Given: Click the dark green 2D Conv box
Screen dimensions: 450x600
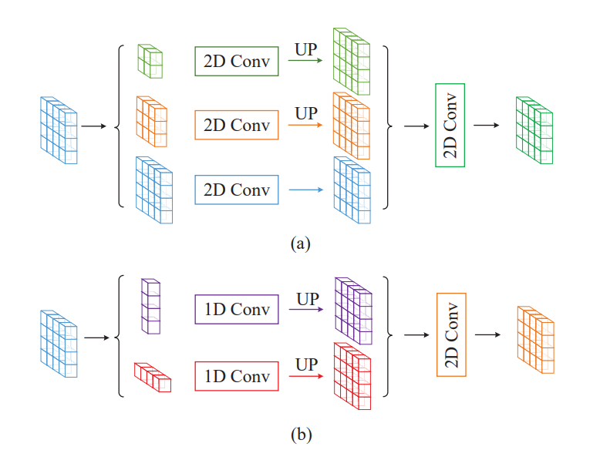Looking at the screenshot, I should click(x=236, y=62).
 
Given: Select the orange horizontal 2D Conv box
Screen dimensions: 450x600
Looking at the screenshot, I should click(x=236, y=124).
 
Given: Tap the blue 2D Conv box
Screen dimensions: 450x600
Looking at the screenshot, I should click(x=236, y=189).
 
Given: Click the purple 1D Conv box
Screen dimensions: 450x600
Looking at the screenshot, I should click(x=236, y=310).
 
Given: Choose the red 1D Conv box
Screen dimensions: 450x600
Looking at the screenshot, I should click(x=236, y=376).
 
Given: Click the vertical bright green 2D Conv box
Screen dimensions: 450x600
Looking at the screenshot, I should click(x=450, y=125).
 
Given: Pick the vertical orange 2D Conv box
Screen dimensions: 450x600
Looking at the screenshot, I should click(x=451, y=334).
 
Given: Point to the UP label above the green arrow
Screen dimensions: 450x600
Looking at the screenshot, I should click(x=306, y=49).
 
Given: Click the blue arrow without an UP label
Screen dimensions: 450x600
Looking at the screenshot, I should click(x=306, y=189).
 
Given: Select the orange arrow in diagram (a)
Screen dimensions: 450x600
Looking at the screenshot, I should click(x=306, y=124).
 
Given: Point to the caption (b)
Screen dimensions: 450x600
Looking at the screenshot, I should click(x=300, y=435).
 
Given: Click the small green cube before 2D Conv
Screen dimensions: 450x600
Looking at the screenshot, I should click(x=150, y=61).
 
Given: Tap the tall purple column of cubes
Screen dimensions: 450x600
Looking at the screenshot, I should click(x=150, y=306).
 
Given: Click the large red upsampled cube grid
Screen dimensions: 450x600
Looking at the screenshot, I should click(x=352, y=378).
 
